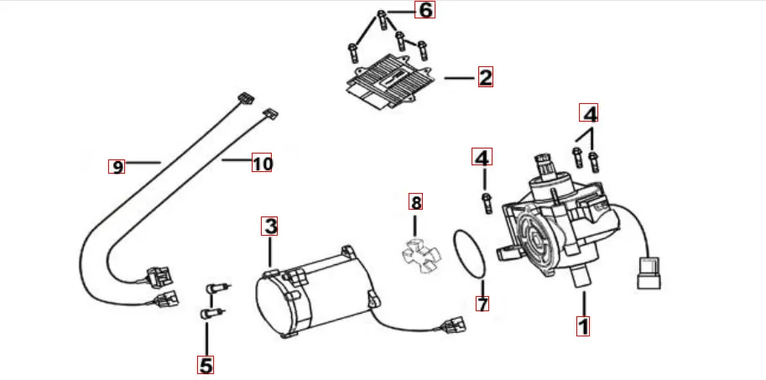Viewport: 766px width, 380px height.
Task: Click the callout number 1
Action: pyautogui.click(x=583, y=325)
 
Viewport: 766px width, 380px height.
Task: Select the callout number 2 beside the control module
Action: pyautogui.click(x=484, y=78)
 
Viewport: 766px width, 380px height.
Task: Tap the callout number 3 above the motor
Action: pyautogui.click(x=269, y=226)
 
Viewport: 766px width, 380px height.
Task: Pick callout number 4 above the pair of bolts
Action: pyautogui.click(x=590, y=112)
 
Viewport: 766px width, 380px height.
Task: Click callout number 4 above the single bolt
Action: pyautogui.click(x=482, y=157)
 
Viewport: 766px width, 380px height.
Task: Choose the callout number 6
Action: pyautogui.click(x=425, y=11)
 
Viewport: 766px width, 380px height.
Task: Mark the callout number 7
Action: pyautogui.click(x=482, y=303)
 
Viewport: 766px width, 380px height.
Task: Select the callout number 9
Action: pyautogui.click(x=117, y=166)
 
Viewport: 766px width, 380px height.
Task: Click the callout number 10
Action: pyautogui.click(x=263, y=164)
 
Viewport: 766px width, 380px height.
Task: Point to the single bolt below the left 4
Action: pyautogui.click(x=485, y=200)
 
